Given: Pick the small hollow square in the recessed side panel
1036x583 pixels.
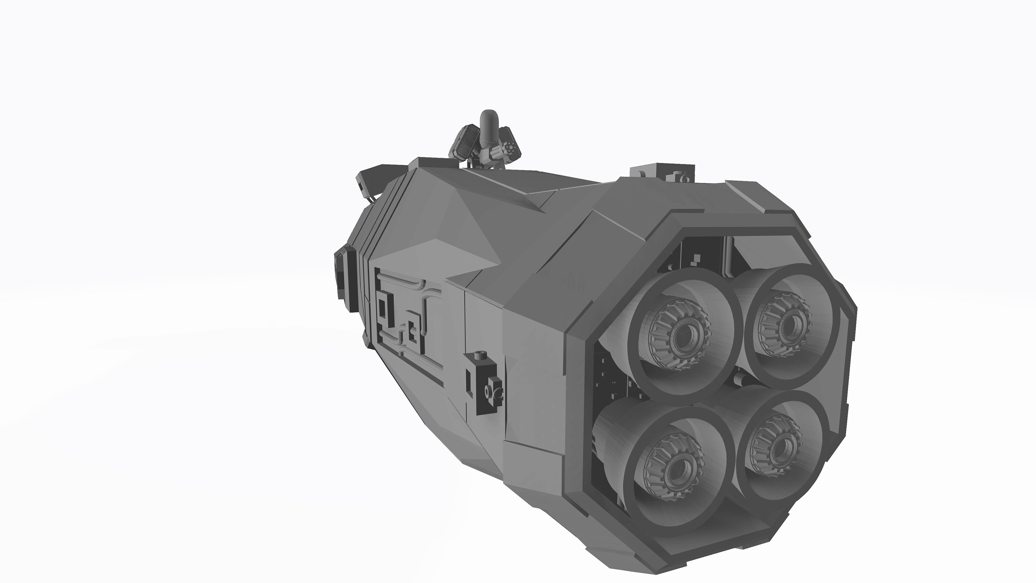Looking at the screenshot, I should point(412,332).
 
